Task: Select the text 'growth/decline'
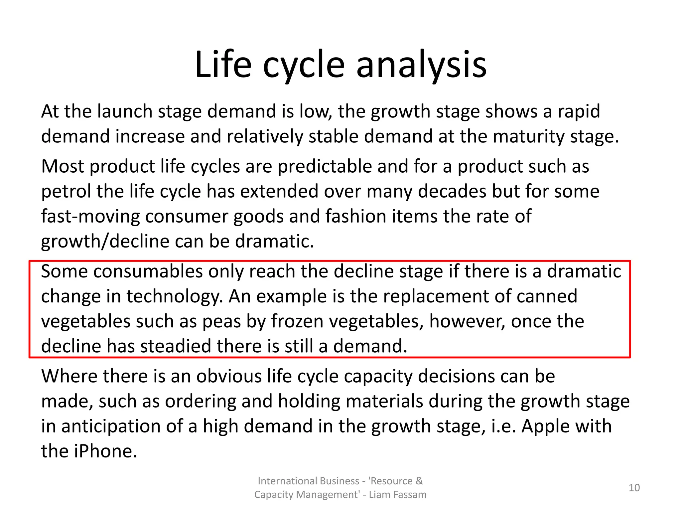(105, 241)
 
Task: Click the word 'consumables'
(148, 271)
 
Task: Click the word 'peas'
(221, 321)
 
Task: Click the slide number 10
(634, 488)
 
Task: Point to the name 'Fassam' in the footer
(410, 495)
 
